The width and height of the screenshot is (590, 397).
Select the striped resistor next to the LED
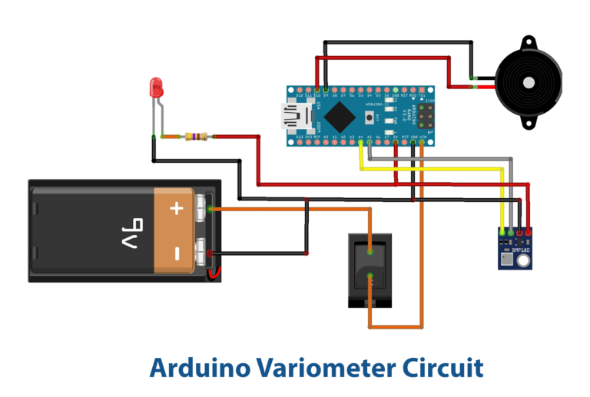point(195,137)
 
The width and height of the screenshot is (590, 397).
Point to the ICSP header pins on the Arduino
point(425,116)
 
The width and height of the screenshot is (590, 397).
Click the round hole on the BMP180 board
point(522,262)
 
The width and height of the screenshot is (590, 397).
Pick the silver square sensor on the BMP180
point(505,261)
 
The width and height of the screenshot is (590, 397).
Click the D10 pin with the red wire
point(317,91)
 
